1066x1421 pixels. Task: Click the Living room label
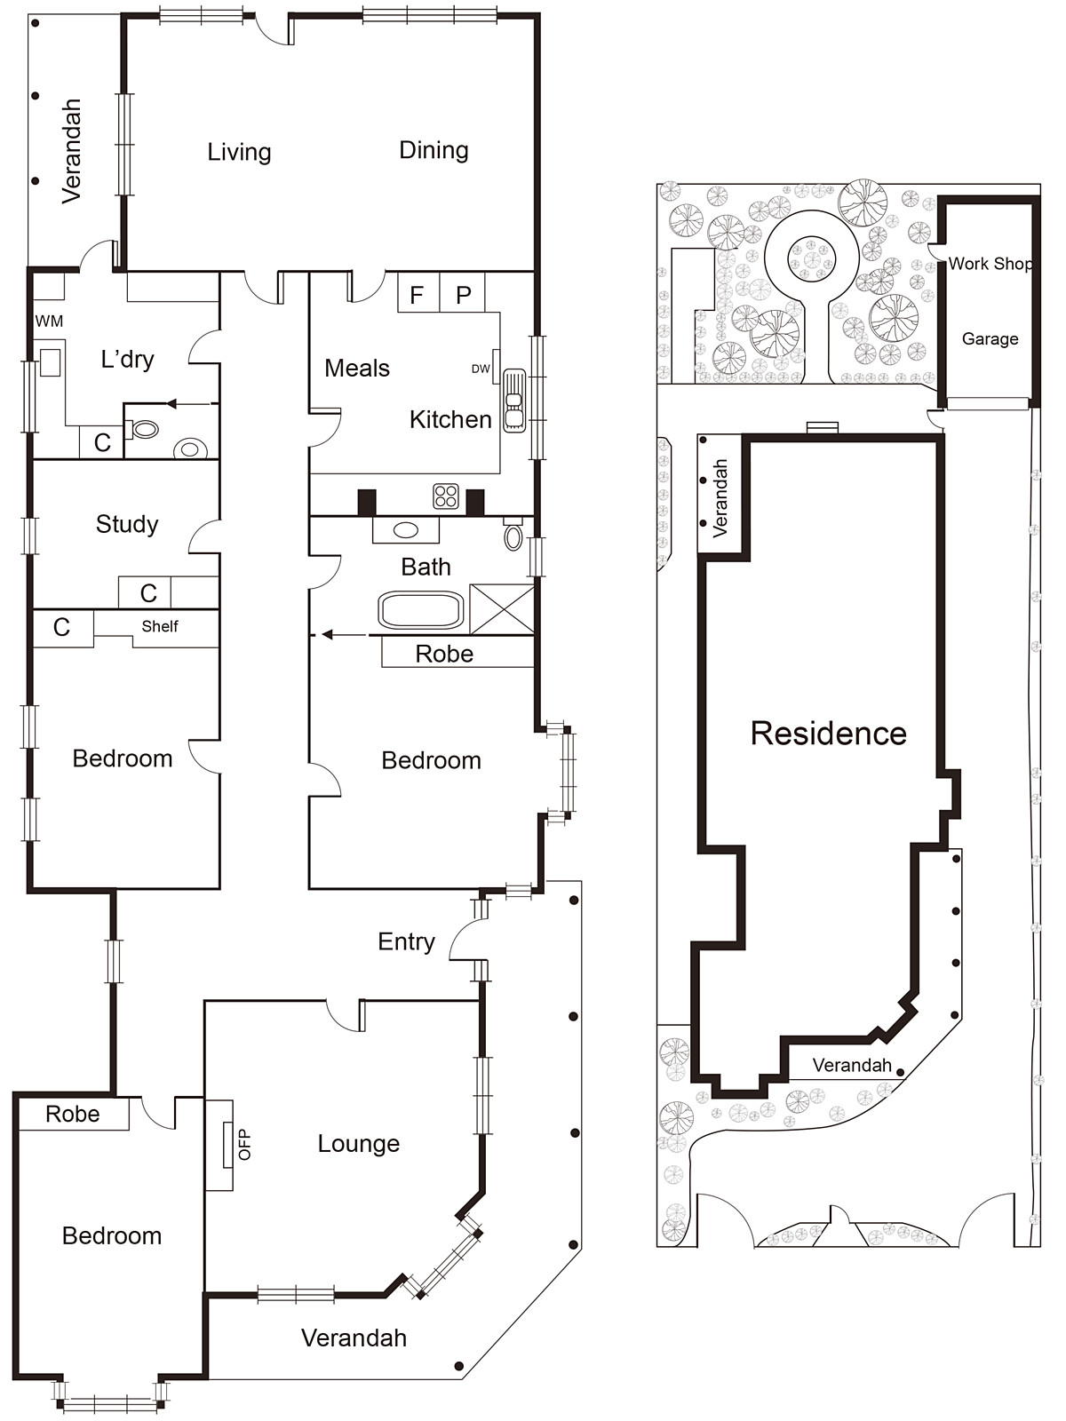point(239,152)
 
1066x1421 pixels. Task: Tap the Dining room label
point(434,150)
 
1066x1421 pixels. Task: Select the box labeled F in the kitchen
point(418,295)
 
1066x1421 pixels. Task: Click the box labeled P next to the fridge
point(463,295)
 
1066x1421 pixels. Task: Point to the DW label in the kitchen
point(481,369)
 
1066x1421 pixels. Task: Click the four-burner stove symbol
point(446,496)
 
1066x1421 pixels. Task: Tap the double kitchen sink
point(514,401)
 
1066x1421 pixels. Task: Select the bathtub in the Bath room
point(421,610)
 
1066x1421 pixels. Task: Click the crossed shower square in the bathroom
point(501,609)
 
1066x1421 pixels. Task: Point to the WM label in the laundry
point(49,322)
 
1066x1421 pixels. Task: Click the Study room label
point(127,524)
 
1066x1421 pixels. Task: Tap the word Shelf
point(160,626)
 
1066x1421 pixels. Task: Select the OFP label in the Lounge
point(245,1144)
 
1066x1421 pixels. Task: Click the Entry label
point(406,941)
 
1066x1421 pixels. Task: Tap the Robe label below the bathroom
point(444,655)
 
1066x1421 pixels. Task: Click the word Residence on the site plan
point(828,734)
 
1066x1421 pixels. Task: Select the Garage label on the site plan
point(990,338)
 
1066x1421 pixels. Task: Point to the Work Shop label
point(990,264)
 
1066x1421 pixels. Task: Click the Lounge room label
point(358,1144)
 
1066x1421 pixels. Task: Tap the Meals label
point(357,368)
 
